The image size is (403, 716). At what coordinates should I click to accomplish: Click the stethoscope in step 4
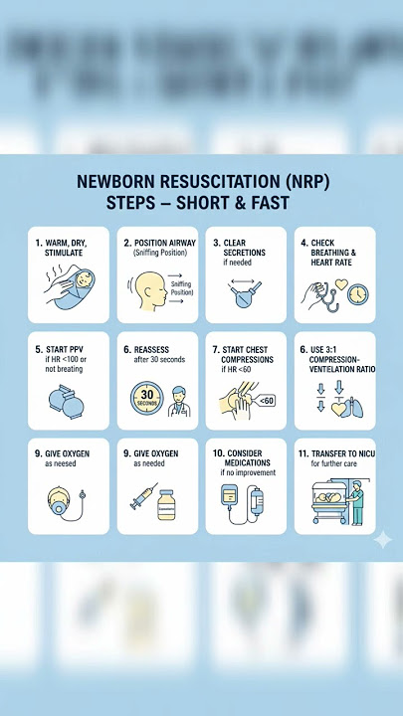coord(319,292)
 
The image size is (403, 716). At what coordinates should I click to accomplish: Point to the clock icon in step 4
coord(356,294)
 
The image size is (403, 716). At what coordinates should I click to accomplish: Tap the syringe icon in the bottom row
coord(142,494)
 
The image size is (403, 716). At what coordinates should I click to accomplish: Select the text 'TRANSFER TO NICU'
coord(337,453)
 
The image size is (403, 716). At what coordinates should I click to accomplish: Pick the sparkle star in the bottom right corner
coord(382,539)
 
